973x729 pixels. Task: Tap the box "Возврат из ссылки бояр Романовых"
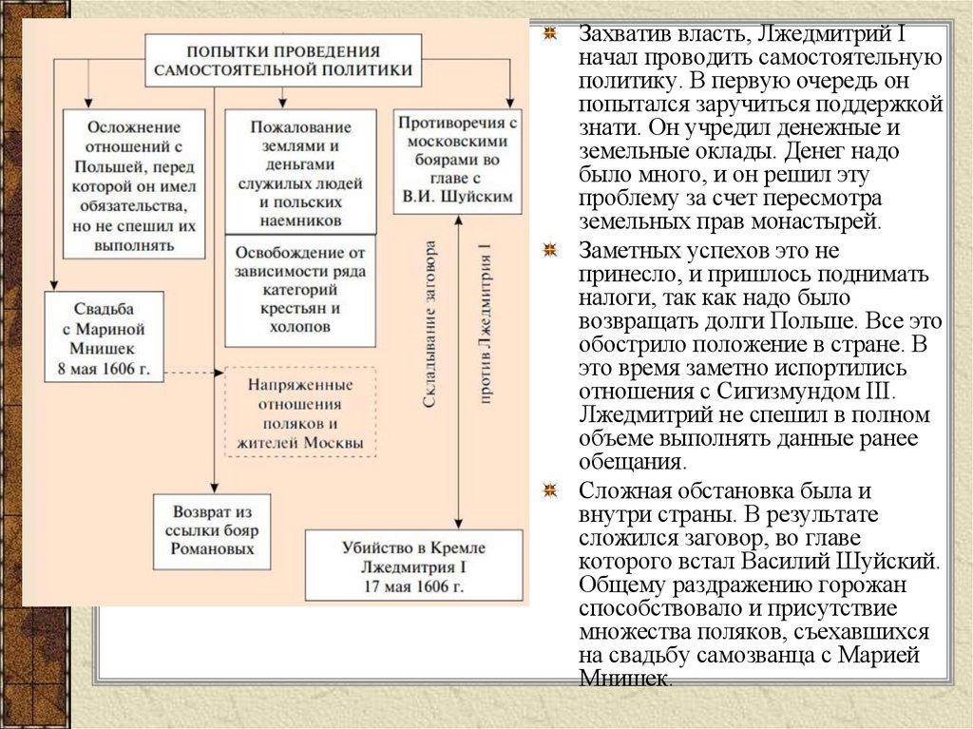212,531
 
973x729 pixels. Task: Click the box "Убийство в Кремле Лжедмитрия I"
413,565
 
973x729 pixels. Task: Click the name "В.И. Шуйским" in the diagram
458,196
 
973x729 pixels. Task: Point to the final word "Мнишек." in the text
624,680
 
